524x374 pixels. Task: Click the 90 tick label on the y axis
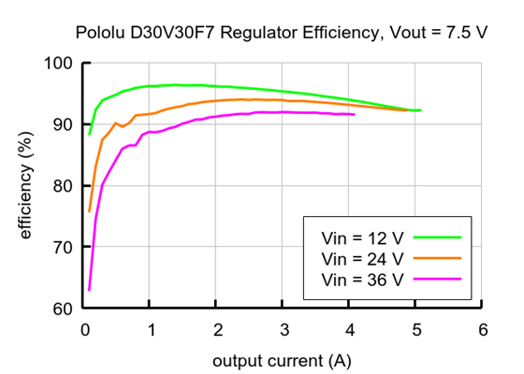tap(63, 124)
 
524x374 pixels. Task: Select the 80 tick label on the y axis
tap(63, 186)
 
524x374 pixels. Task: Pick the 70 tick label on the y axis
tap(63, 247)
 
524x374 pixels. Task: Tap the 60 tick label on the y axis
tap(63, 309)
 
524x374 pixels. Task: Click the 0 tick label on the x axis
tap(83, 330)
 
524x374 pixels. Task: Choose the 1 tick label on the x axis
tap(150, 330)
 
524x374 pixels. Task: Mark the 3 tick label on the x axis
tap(283, 330)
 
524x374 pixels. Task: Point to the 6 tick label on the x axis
tap(482, 330)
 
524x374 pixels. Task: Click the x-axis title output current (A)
tap(283, 360)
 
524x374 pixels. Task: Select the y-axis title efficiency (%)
tap(26, 186)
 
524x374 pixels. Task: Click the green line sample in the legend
tap(438, 237)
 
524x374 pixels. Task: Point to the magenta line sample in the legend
tap(438, 279)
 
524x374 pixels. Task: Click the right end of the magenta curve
tap(355, 114)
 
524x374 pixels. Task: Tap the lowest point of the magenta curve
tap(89, 290)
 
